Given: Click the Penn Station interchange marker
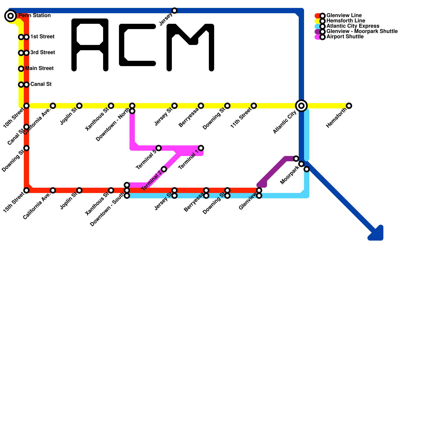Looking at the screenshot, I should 11,16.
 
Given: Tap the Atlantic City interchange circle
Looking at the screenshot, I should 301,106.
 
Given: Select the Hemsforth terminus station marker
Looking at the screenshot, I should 349,106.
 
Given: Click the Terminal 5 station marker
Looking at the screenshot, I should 159,148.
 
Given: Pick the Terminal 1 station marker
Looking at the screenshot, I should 201,148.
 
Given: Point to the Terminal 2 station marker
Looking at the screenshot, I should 164,169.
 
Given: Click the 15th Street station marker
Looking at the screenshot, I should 26,190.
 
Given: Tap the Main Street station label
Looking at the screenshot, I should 39,68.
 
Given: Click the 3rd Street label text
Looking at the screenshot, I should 43,53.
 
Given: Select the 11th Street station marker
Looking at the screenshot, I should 254,106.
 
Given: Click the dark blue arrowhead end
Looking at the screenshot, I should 377,234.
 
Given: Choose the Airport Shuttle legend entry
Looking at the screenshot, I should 345,37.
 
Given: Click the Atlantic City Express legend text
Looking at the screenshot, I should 353,26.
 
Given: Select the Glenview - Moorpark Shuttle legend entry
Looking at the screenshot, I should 362,31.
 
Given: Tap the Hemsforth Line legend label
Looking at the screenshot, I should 346,21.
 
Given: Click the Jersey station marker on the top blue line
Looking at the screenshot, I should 174,11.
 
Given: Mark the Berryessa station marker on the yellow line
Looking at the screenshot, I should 201,106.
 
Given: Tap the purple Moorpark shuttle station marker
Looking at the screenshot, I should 296,159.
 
